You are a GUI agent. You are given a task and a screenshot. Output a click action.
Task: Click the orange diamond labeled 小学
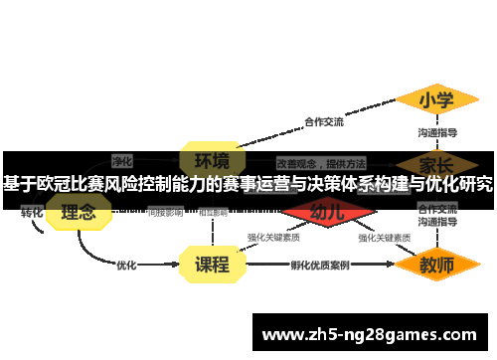pyautogui.click(x=435, y=100)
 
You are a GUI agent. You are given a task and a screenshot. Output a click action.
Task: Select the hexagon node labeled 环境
pyautogui.click(x=211, y=160)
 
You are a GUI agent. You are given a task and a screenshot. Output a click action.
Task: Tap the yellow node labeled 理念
pyautogui.click(x=79, y=212)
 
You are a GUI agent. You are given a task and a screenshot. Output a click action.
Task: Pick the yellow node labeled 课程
pyautogui.click(x=211, y=265)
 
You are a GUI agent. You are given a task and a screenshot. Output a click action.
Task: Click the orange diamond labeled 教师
pyautogui.click(x=436, y=266)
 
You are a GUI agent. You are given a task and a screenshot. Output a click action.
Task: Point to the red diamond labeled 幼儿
pyautogui.click(x=328, y=212)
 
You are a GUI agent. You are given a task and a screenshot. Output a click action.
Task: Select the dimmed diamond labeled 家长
pyautogui.click(x=436, y=161)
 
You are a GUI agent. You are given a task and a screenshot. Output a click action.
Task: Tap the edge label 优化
pyautogui.click(x=126, y=266)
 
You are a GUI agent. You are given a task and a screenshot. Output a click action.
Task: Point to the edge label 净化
pyautogui.click(x=121, y=160)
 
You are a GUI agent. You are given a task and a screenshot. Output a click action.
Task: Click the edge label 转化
pyautogui.click(x=32, y=212)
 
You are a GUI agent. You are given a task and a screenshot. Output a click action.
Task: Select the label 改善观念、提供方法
pyautogui.click(x=320, y=161)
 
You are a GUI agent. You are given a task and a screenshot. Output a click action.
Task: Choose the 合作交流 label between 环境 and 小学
pyautogui.click(x=323, y=122)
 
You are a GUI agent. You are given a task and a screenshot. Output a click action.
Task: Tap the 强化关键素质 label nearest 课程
pyautogui.click(x=274, y=238)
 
